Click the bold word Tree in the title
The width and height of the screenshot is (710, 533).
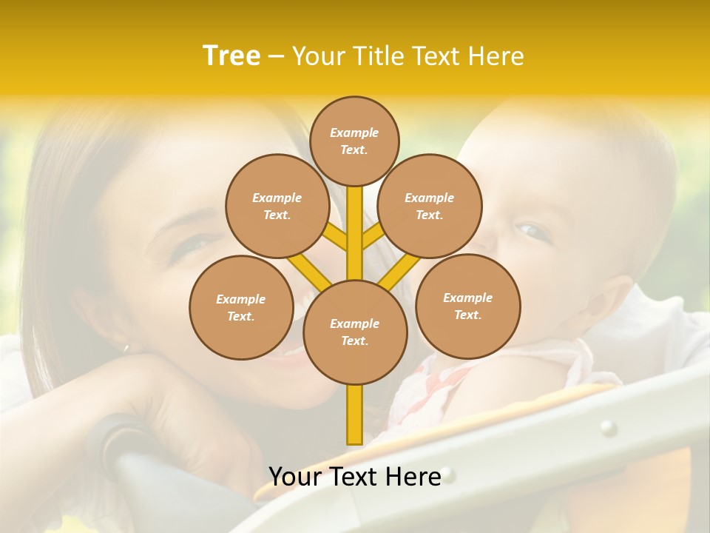[x=231, y=56]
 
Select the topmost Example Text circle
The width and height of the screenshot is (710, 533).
[x=354, y=141]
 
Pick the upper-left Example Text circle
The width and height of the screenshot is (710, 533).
[x=277, y=206]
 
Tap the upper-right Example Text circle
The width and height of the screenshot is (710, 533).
[x=430, y=206]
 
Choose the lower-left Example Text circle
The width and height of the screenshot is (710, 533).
[x=240, y=307]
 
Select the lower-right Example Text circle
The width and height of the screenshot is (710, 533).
[x=467, y=306]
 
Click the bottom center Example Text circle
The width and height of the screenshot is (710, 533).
[x=354, y=332]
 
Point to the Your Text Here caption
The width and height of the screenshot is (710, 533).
[x=354, y=476]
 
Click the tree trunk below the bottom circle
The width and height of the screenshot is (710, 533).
[x=354, y=415]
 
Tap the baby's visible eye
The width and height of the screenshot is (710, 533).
[x=534, y=232]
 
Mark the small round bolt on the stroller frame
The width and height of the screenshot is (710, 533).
[x=608, y=427]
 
